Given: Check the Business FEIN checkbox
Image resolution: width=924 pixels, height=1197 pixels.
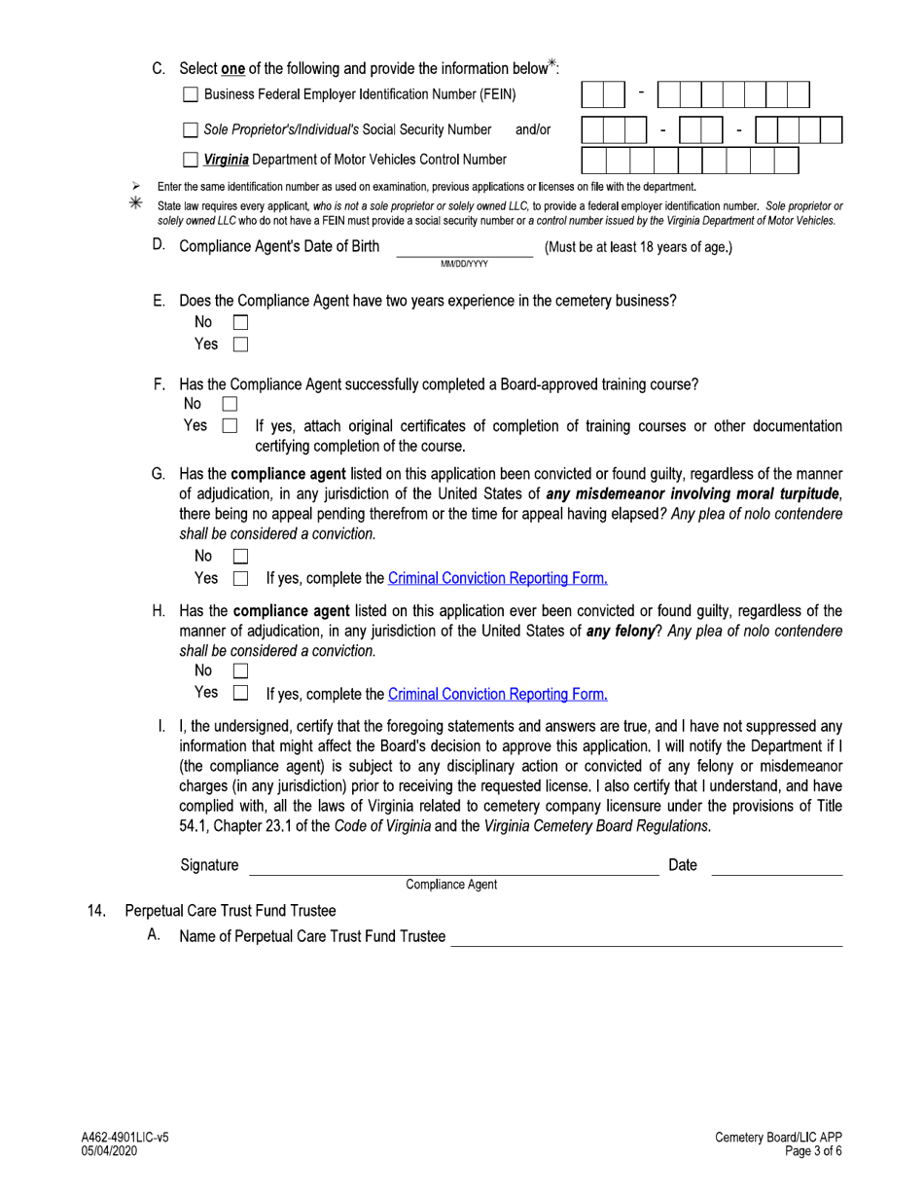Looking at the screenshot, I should (191, 94).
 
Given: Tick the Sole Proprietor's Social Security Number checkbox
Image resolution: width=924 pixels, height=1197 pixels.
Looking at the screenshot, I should (191, 128).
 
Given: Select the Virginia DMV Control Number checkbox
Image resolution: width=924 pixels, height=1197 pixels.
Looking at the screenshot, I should (191, 159).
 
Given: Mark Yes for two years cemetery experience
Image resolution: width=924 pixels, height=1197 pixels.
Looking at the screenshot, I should (240, 344).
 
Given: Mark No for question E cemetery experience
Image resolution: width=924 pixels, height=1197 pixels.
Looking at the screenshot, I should (240, 322).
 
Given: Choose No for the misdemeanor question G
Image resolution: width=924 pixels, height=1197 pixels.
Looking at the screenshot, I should (240, 557).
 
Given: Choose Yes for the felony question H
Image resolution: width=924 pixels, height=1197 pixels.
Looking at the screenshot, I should (240, 693).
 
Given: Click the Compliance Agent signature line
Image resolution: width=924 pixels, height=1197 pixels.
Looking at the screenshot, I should (454, 868).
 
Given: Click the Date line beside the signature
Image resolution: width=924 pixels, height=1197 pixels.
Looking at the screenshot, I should (776, 868).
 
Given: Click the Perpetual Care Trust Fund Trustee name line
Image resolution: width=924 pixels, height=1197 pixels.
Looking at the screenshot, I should (647, 938).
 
